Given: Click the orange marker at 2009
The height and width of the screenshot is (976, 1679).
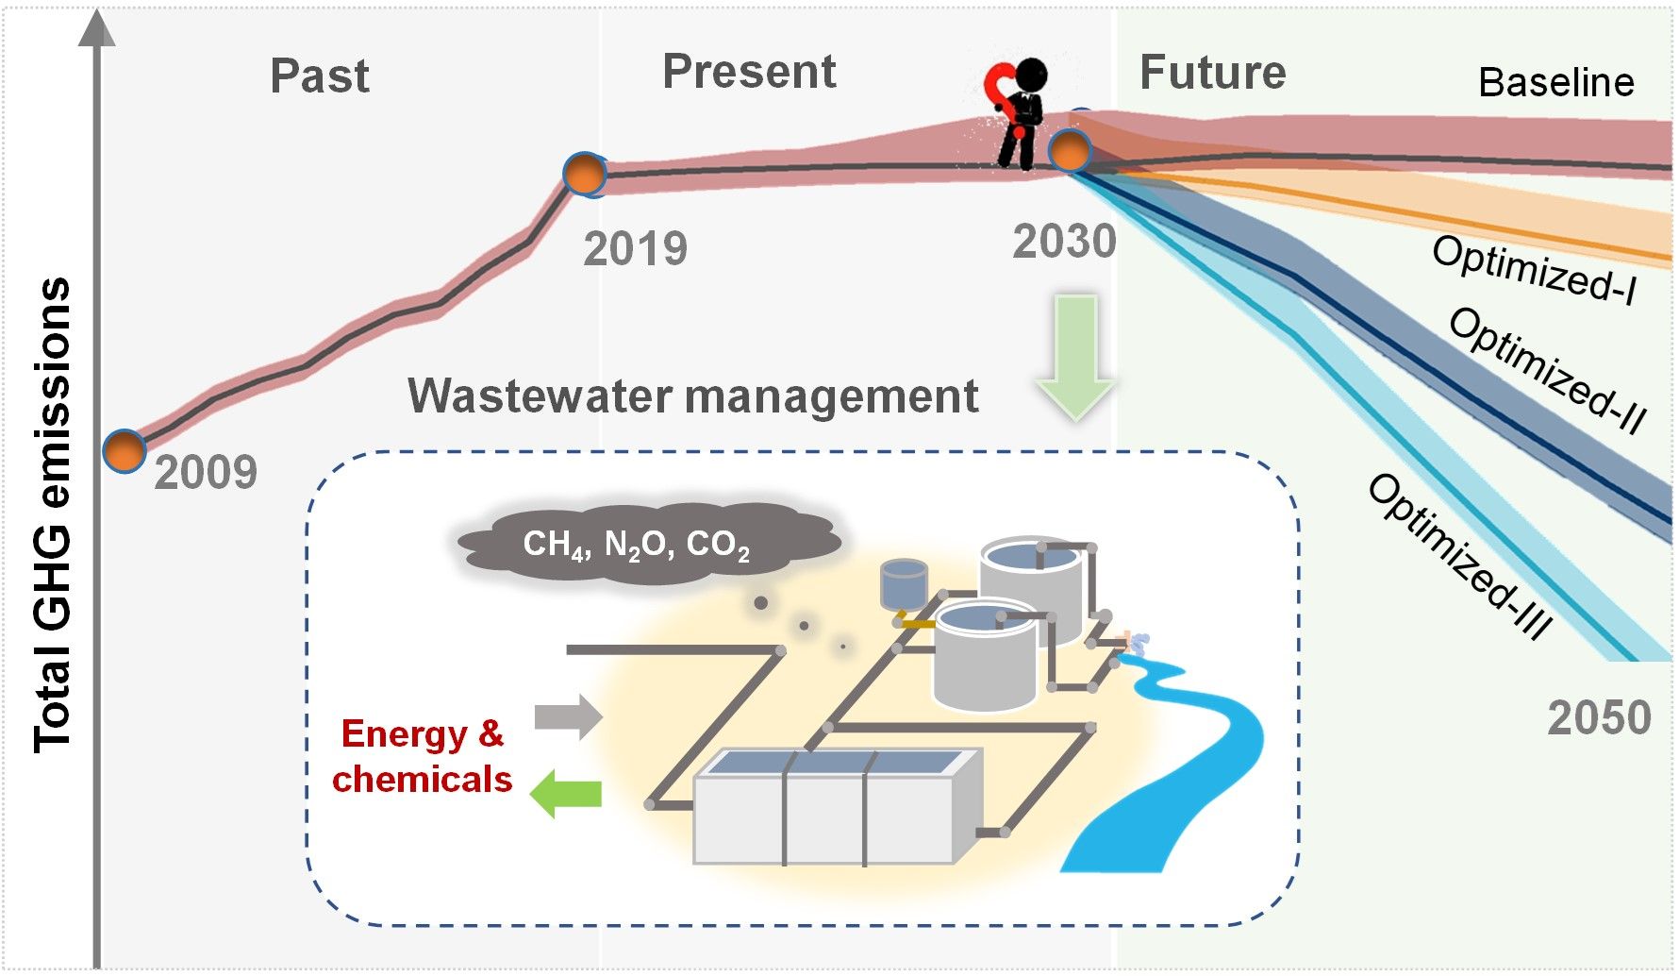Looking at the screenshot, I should tap(125, 451).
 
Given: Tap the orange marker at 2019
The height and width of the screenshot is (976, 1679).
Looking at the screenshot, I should tap(584, 174).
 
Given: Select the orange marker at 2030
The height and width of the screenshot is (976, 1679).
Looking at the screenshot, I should tap(1070, 149).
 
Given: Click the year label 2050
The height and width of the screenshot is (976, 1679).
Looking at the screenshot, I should tap(1599, 717).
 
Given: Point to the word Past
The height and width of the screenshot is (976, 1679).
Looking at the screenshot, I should tap(319, 76).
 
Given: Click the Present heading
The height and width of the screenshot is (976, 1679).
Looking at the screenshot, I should tap(749, 72).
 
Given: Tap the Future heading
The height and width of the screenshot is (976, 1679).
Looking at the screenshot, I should tap(1212, 73).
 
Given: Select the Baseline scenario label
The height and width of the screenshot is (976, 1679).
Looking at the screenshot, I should tap(1555, 82).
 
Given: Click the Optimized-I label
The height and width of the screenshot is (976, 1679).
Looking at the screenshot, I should tap(1534, 270).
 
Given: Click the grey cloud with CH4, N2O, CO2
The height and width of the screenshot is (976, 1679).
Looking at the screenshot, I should tap(649, 544).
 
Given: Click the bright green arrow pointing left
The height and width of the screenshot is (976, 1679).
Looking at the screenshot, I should tap(566, 793).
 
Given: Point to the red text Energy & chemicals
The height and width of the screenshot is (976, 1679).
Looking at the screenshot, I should tap(422, 756).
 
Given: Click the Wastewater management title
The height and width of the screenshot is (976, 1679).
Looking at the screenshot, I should tap(693, 395).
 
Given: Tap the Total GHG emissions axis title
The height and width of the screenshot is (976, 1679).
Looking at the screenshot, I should tap(53, 514).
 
